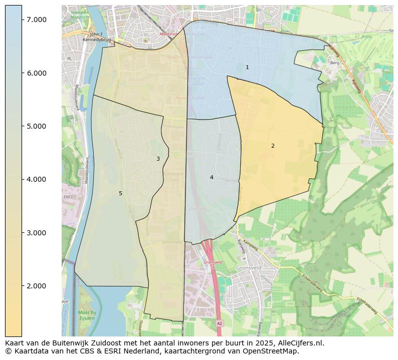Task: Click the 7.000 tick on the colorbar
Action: [36, 20]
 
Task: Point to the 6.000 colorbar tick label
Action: [36, 73]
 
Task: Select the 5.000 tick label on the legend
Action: [36, 126]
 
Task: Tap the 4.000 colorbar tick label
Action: [36, 179]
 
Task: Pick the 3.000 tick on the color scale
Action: [36, 233]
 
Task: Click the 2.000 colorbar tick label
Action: [36, 286]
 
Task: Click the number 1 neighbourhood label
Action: [247, 67]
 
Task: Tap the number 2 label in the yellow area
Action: [273, 146]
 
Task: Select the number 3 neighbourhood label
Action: [158, 159]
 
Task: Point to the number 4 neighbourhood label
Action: [212, 177]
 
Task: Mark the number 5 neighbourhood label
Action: [120, 193]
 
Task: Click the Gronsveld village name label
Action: [248, 268]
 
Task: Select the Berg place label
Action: [335, 63]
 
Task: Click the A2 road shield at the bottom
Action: [219, 324]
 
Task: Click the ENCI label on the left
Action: [68, 197]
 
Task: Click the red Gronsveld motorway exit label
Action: [213, 263]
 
